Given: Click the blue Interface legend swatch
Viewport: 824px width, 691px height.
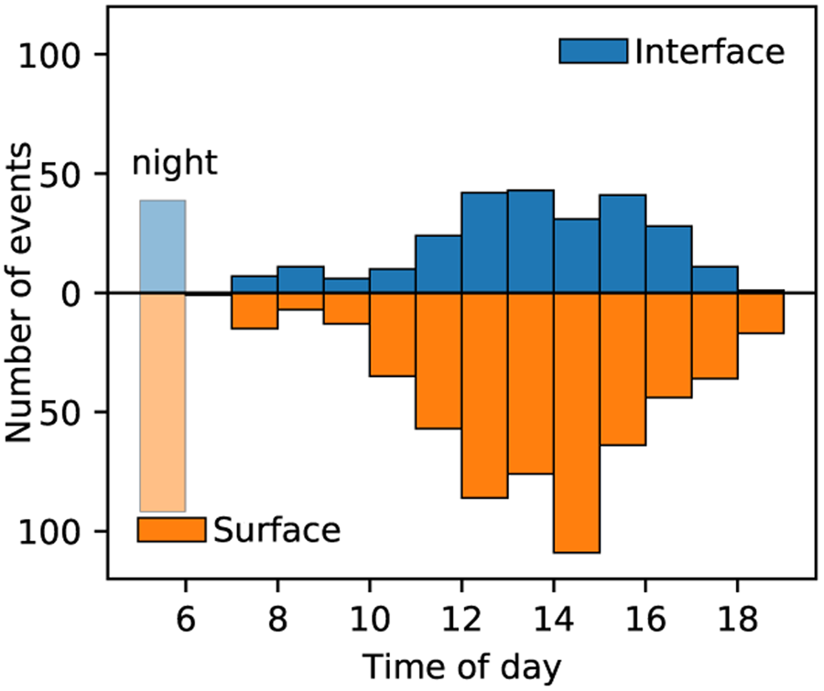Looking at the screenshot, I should point(592,51).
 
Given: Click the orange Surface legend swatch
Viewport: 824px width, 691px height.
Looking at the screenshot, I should point(170,529).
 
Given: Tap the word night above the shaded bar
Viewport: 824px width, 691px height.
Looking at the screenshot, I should point(175,163).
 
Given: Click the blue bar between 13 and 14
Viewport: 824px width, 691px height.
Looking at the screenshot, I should point(530,242).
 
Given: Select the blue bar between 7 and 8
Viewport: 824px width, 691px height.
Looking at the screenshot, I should point(255,285).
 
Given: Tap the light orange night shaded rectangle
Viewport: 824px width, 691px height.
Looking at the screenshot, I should point(163,403).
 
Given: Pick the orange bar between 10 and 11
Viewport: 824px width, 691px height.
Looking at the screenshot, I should point(392,335).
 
